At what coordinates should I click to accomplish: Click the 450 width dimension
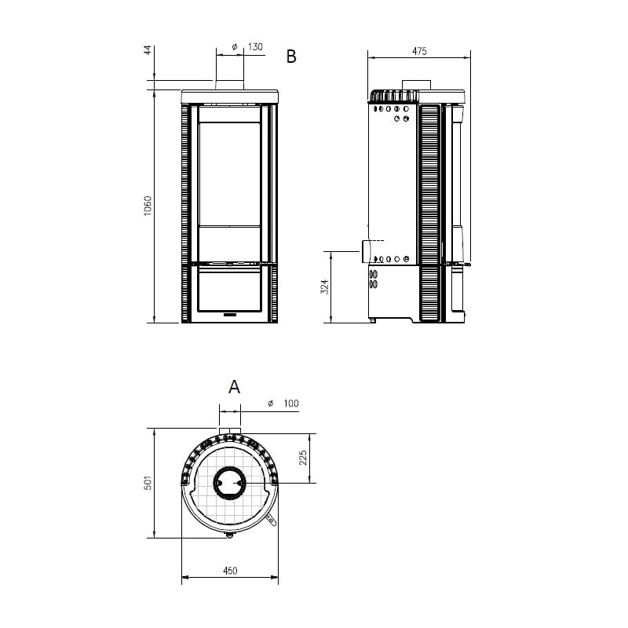[229, 571]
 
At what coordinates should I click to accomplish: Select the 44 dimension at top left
[148, 50]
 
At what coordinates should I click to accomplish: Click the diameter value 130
[255, 47]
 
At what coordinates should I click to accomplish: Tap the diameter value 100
[290, 403]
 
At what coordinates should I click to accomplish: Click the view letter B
[291, 57]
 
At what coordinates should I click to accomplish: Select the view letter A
[233, 386]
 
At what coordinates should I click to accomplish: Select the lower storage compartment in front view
[228, 290]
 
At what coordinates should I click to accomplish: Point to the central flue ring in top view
[230, 484]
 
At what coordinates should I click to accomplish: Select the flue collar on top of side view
[416, 85]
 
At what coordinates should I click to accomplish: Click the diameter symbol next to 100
[269, 403]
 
